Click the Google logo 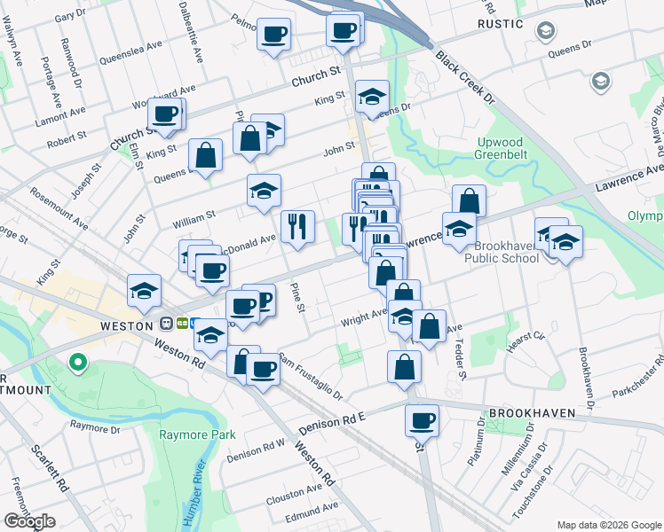coord(29,521)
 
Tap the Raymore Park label coord(197,434)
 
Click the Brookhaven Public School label coord(505,252)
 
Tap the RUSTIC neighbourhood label coord(500,24)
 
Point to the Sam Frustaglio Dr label coord(310,376)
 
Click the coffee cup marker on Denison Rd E coord(423,420)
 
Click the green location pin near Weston coord(77,363)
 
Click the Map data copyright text coord(608,525)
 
